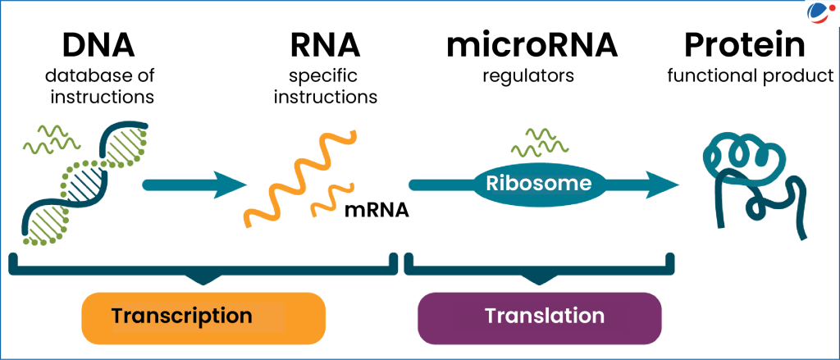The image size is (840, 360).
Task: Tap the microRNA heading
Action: [532, 46]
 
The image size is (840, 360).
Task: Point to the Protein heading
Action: [749, 46]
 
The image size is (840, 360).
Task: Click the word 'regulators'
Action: [532, 77]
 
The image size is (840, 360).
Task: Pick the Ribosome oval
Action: [537, 183]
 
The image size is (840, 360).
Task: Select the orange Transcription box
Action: [203, 316]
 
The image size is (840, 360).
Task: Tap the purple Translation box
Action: [539, 316]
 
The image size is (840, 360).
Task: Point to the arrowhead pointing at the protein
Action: [660, 184]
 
